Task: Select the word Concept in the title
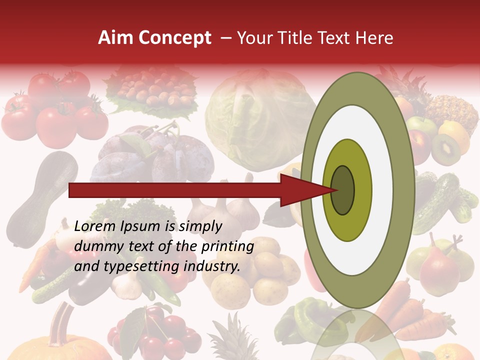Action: pyautogui.click(x=174, y=38)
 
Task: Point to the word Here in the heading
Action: pyautogui.click(x=374, y=38)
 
